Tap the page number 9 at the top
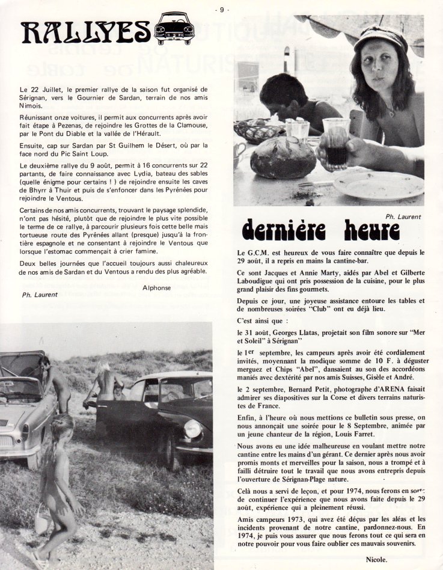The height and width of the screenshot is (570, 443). click(222, 9)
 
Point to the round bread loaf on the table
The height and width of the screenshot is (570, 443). click(283, 158)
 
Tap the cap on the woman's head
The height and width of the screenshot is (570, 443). click(380, 38)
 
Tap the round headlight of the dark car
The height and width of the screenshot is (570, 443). click(193, 429)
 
